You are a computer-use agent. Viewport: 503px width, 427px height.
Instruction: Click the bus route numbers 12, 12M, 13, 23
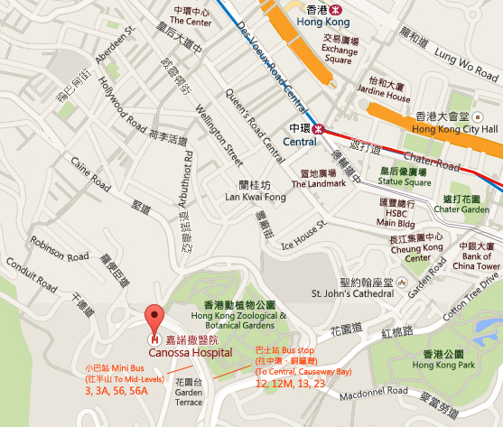pos(288,384)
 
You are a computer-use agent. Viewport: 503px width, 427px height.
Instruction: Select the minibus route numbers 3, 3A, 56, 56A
pos(116,392)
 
